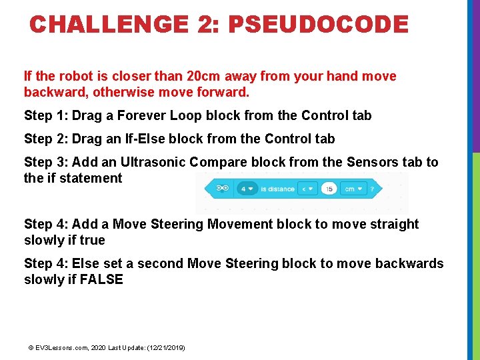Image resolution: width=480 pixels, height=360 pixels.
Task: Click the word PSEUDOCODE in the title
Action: tap(317, 25)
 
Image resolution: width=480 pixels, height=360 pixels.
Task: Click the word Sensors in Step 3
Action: tap(367, 162)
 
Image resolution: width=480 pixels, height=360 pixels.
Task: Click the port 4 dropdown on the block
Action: tap(247, 189)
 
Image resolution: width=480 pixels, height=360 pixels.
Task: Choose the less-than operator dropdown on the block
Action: tap(308, 189)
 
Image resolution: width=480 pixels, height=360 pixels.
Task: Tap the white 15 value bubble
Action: tap(329, 189)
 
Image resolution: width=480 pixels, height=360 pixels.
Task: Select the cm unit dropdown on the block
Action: tap(351, 189)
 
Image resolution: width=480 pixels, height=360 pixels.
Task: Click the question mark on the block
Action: tap(371, 189)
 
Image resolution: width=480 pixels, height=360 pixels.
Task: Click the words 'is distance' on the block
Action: tap(277, 189)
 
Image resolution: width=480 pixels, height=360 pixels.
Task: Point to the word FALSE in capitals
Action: tap(101, 279)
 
